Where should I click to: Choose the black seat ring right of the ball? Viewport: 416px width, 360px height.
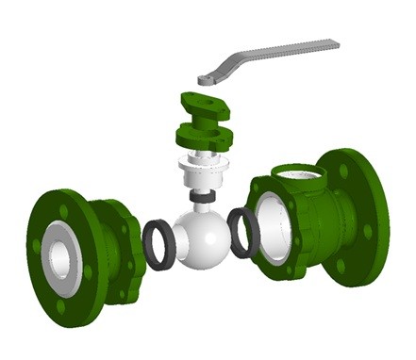click(x=244, y=233)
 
